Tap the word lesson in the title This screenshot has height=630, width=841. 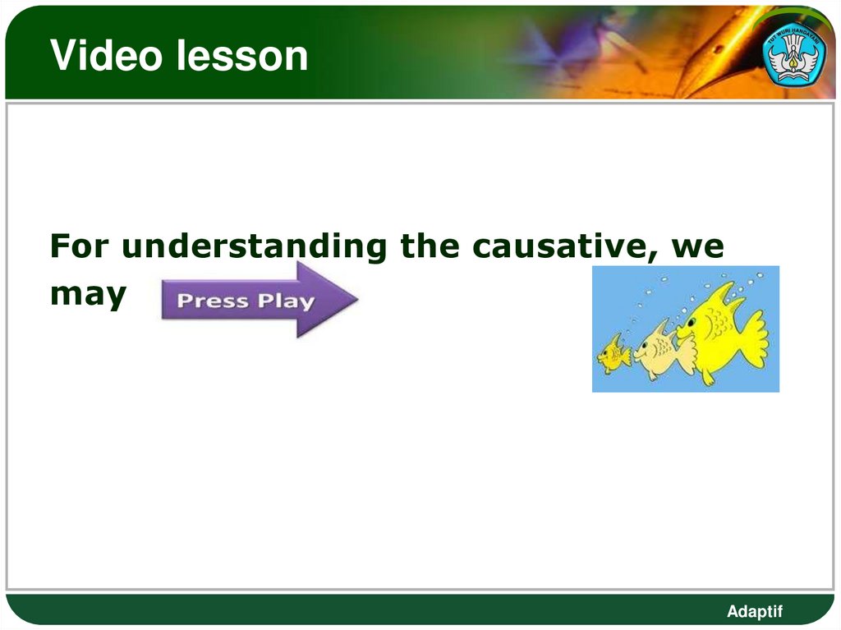pos(239,56)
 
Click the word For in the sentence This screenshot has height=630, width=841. pos(79,246)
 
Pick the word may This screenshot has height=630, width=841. pos(89,295)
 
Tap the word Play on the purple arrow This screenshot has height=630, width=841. pos(283,301)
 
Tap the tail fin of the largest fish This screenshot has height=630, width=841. pos(752,338)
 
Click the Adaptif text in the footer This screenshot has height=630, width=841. pos(755,611)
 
